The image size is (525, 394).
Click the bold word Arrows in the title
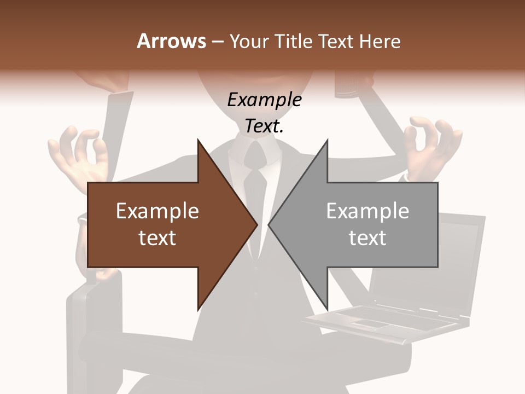(x=171, y=41)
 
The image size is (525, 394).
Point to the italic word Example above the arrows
(x=264, y=100)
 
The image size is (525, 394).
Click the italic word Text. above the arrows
(x=264, y=126)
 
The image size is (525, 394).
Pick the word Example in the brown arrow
(x=157, y=211)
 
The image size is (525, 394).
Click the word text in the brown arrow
(x=157, y=238)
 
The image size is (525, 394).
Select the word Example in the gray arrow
(x=367, y=211)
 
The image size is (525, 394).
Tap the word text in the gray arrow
(x=367, y=238)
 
